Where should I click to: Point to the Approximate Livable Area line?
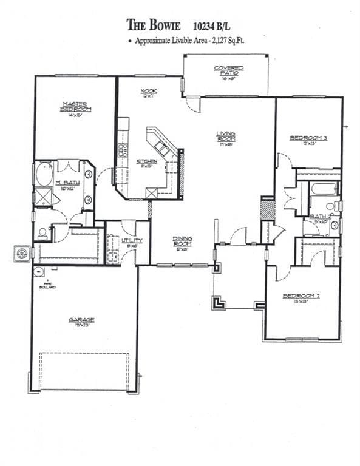coord(189,41)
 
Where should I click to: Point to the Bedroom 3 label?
coord(308,138)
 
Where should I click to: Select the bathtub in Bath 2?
coord(323,189)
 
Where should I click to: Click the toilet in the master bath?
coord(43,231)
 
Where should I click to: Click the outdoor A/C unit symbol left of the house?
coord(22,252)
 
